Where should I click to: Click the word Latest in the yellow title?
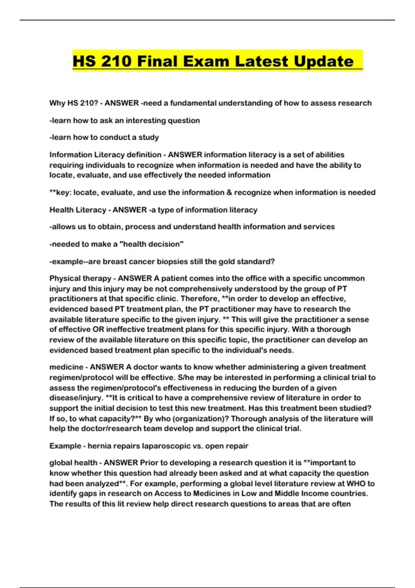(261, 61)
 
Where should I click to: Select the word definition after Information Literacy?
(144, 155)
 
